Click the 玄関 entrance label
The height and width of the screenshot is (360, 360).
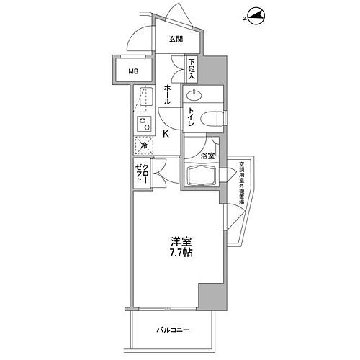click(175, 39)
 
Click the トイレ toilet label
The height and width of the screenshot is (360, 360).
click(192, 117)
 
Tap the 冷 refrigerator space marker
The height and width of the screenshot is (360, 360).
click(143, 147)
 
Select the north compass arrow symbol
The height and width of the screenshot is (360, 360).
click(253, 17)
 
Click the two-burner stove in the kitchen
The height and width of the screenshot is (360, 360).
click(145, 124)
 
